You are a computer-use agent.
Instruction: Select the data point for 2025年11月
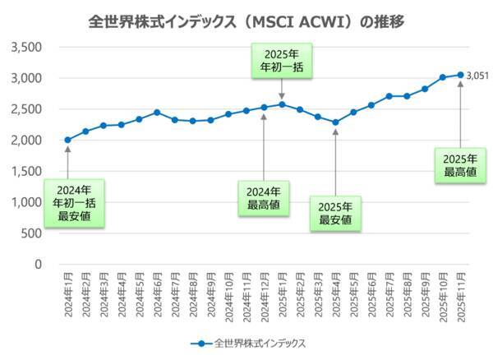pyautogui.click(x=460, y=75)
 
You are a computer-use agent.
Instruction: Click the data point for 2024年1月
pyautogui.click(x=67, y=140)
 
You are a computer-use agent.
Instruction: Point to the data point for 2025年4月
pyautogui.click(x=335, y=122)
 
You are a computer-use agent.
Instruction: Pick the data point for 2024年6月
pyautogui.click(x=157, y=113)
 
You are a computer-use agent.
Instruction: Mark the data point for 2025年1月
pyautogui.click(x=282, y=104)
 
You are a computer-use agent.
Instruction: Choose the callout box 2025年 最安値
pyautogui.click(x=335, y=214)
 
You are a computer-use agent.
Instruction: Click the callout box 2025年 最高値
pyautogui.click(x=460, y=164)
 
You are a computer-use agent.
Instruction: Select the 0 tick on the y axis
pyautogui.click(x=38, y=264)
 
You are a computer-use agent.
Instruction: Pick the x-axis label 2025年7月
pyautogui.click(x=389, y=296)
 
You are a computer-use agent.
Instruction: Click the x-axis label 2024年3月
pyautogui.click(x=104, y=296)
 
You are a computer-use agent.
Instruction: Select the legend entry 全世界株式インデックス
pyautogui.click(x=246, y=343)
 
